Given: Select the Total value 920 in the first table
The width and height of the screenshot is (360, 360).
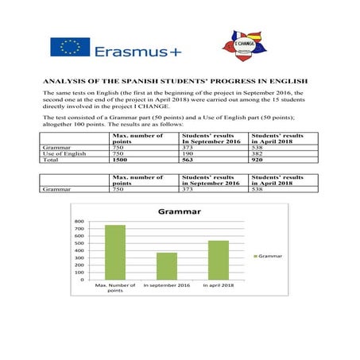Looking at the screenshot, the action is point(258,160).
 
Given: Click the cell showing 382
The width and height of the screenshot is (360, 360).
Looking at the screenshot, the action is point(258,153).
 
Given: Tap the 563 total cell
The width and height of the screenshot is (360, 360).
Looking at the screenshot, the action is point(190,160).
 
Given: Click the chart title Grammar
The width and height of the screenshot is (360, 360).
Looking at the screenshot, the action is point(179,212).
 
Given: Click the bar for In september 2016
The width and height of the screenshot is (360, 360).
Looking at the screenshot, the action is point(166,265).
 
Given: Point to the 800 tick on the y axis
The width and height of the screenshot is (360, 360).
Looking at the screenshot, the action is point(79,222).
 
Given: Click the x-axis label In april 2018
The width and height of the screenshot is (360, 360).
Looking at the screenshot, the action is point(218,285).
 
